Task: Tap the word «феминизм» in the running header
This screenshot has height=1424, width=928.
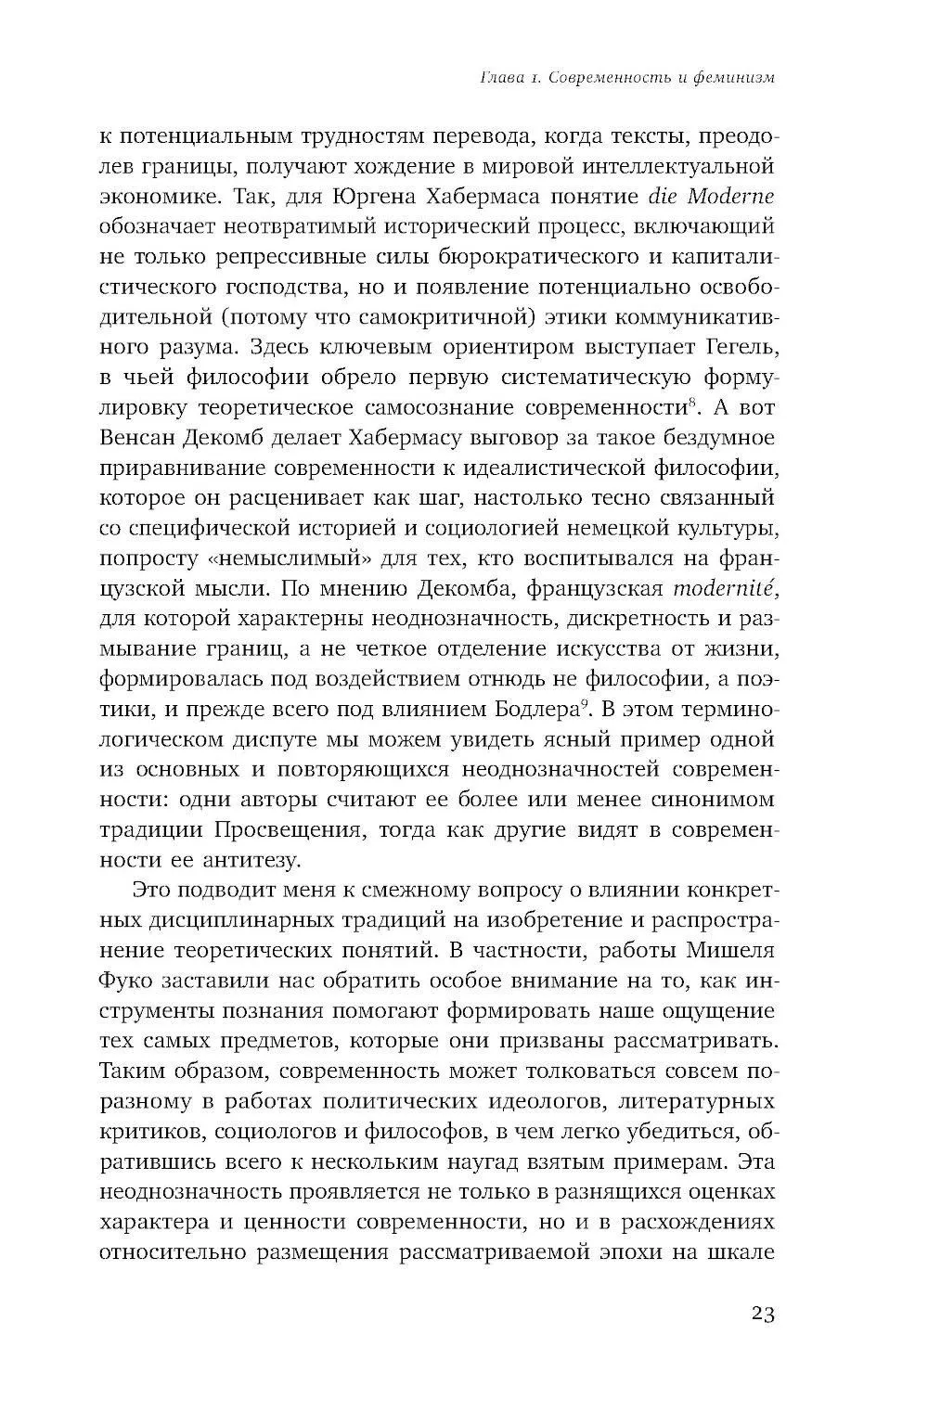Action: pos(732,78)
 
